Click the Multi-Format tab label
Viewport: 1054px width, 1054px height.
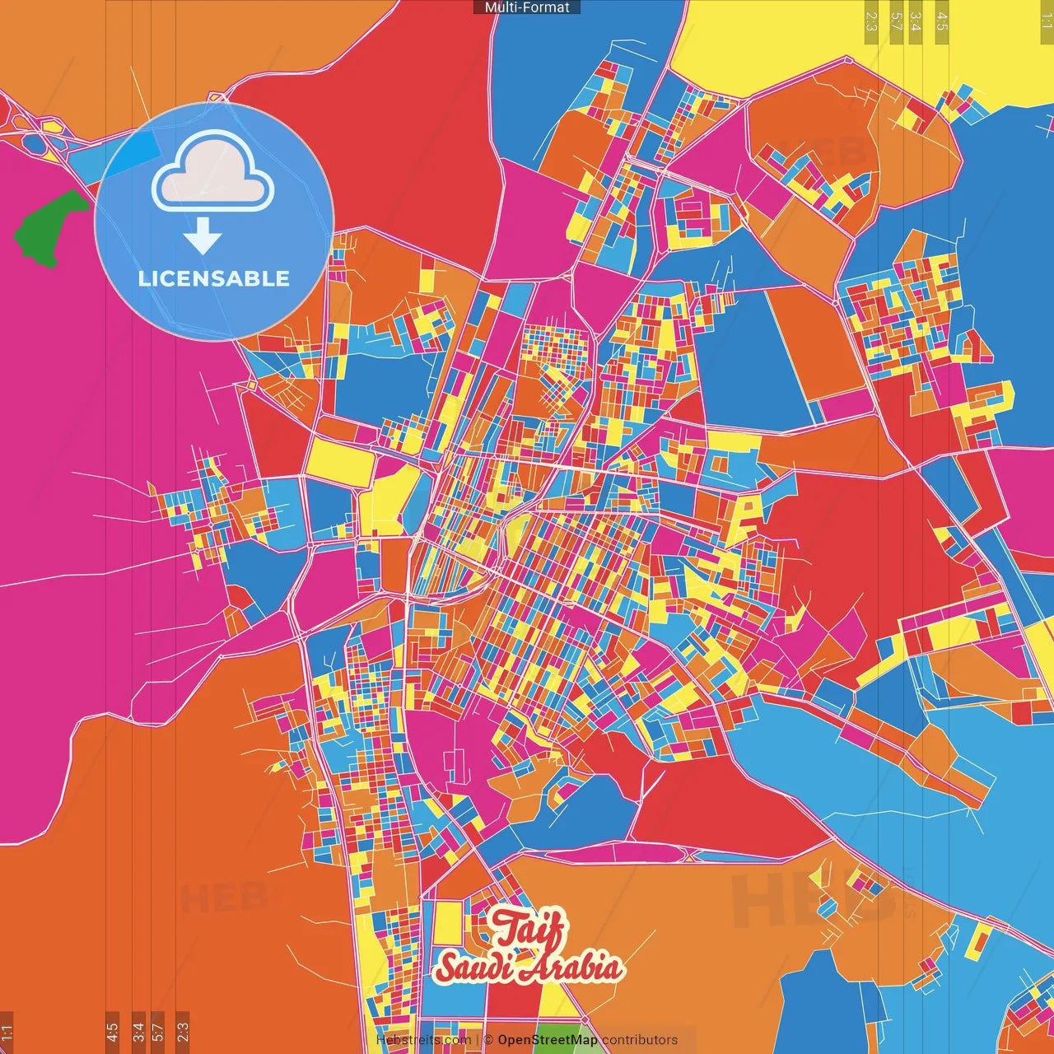[x=527, y=7]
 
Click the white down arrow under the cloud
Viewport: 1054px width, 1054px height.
[x=203, y=236]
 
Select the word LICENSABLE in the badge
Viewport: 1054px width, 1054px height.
[x=214, y=278]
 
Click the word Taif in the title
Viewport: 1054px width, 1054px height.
[x=529, y=930]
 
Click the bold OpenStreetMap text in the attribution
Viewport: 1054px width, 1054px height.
[x=548, y=1040]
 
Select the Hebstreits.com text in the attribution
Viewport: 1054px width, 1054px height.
[x=423, y=1040]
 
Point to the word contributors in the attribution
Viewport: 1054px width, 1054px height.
[x=640, y=1040]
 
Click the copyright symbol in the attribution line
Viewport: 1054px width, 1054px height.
[x=487, y=1040]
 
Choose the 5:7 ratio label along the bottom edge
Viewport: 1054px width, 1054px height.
[x=158, y=1032]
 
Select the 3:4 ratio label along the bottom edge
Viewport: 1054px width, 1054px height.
[x=138, y=1032]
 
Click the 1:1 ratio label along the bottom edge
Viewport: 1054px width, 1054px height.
[x=7, y=1032]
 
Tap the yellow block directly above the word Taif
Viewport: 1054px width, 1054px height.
[x=447, y=924]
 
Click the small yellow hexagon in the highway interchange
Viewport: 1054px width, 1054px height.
[x=52, y=127]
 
